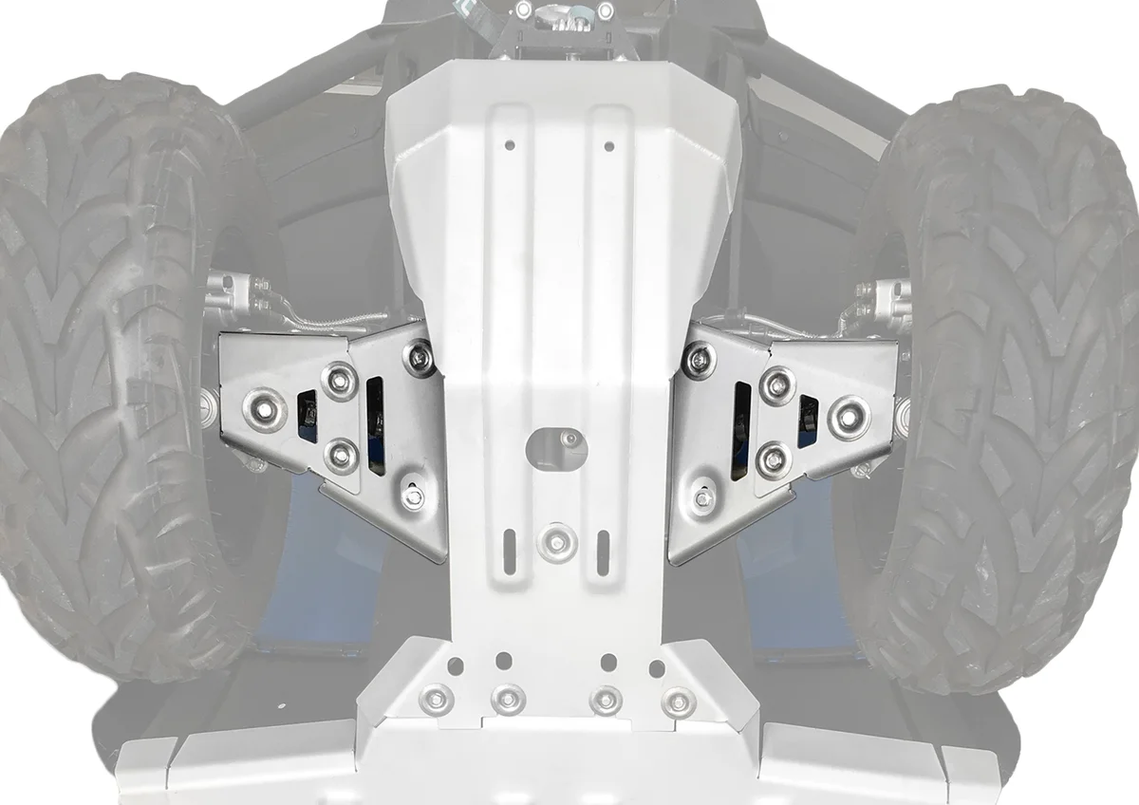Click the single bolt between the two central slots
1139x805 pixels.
coord(556,542)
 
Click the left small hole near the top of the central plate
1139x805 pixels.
coord(510,145)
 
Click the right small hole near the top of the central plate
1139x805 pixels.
coord(609,145)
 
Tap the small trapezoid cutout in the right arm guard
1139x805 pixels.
coord(807,420)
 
